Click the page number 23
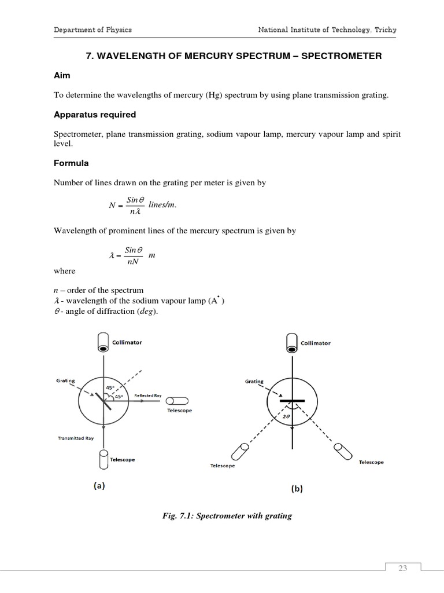click(x=402, y=568)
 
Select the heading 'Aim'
click(x=62, y=76)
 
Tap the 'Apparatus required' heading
click(x=94, y=114)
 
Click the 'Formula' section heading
click(x=71, y=163)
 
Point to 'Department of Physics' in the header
click(x=93, y=30)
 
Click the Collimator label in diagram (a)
click(x=127, y=342)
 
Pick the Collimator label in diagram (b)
click(x=316, y=343)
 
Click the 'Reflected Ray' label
click(x=148, y=396)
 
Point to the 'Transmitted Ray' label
click(x=76, y=438)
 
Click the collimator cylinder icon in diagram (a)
click(x=103, y=342)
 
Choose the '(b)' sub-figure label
click(x=296, y=488)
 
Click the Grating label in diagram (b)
click(x=254, y=381)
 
